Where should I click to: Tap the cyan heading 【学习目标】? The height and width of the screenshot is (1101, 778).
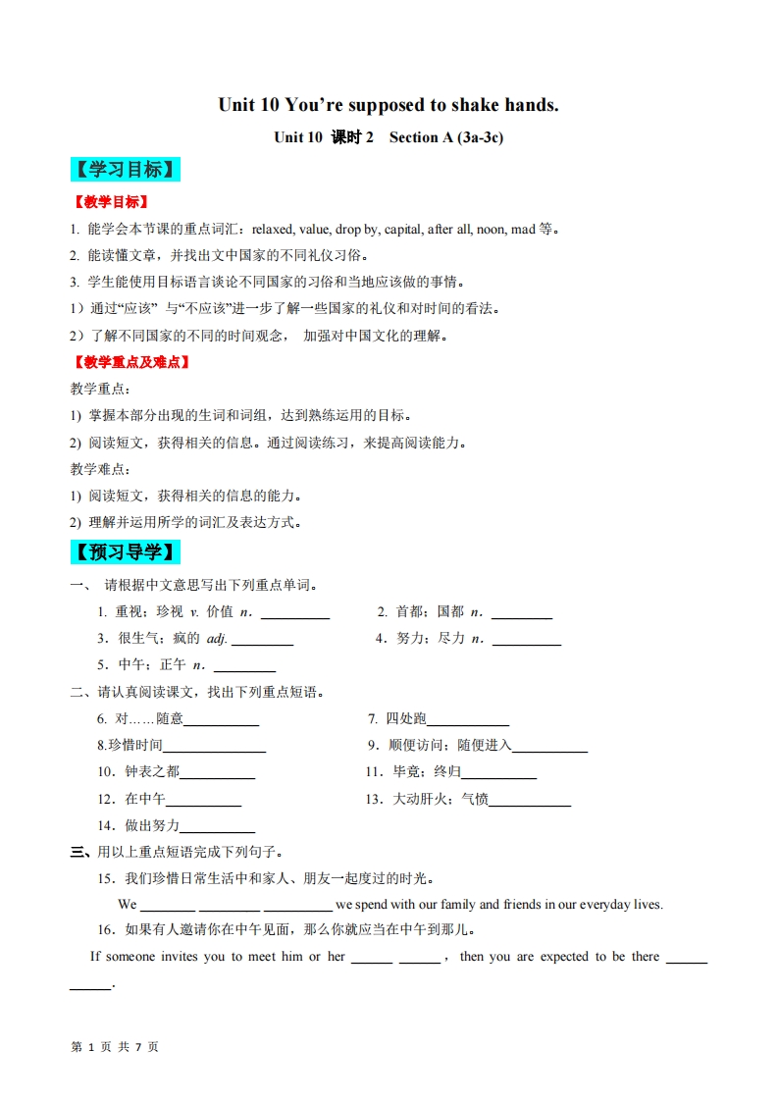pyautogui.click(x=126, y=170)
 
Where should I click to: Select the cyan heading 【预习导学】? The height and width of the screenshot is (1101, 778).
pyautogui.click(x=126, y=552)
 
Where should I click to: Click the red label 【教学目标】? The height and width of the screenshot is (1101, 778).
pyautogui.click(x=110, y=202)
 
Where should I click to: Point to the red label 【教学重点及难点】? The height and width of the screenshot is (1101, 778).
pyautogui.click(x=130, y=362)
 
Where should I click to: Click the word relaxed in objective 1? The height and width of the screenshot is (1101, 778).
pyautogui.click(x=273, y=230)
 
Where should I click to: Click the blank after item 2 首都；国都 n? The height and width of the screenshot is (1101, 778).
pyautogui.click(x=521, y=613)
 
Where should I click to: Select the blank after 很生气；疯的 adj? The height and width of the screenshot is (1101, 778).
pyautogui.click(x=262, y=640)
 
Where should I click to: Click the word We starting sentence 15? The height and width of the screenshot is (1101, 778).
pyautogui.click(x=128, y=904)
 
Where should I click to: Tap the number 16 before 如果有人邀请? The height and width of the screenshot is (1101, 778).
pyautogui.click(x=105, y=930)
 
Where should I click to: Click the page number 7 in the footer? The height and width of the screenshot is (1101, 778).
pyautogui.click(x=138, y=1047)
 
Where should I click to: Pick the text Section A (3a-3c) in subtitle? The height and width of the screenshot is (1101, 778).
pyautogui.click(x=446, y=137)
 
